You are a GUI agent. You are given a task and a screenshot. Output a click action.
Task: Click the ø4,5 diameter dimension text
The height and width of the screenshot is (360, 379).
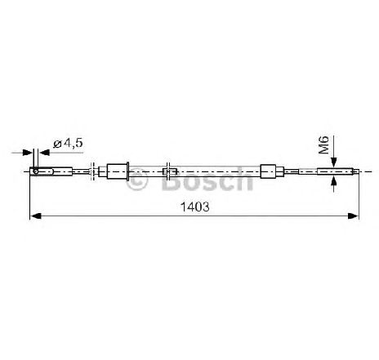68,143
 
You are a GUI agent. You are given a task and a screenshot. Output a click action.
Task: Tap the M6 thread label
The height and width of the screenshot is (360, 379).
324,144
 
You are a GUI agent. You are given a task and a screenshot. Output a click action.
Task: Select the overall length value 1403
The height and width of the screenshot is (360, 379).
195,207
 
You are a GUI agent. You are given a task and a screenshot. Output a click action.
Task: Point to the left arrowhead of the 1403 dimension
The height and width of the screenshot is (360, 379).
35,216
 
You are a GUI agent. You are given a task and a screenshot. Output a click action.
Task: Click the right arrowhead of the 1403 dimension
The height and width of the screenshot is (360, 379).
354,216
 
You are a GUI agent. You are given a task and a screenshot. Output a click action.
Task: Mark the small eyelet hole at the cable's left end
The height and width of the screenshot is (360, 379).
35,171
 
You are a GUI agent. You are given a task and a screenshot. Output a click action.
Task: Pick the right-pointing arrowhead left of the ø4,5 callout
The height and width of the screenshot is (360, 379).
28,153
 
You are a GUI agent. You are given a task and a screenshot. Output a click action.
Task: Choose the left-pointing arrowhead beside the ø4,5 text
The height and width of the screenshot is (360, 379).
44,153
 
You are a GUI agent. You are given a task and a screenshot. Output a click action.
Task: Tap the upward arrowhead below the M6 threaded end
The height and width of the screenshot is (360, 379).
334,181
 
